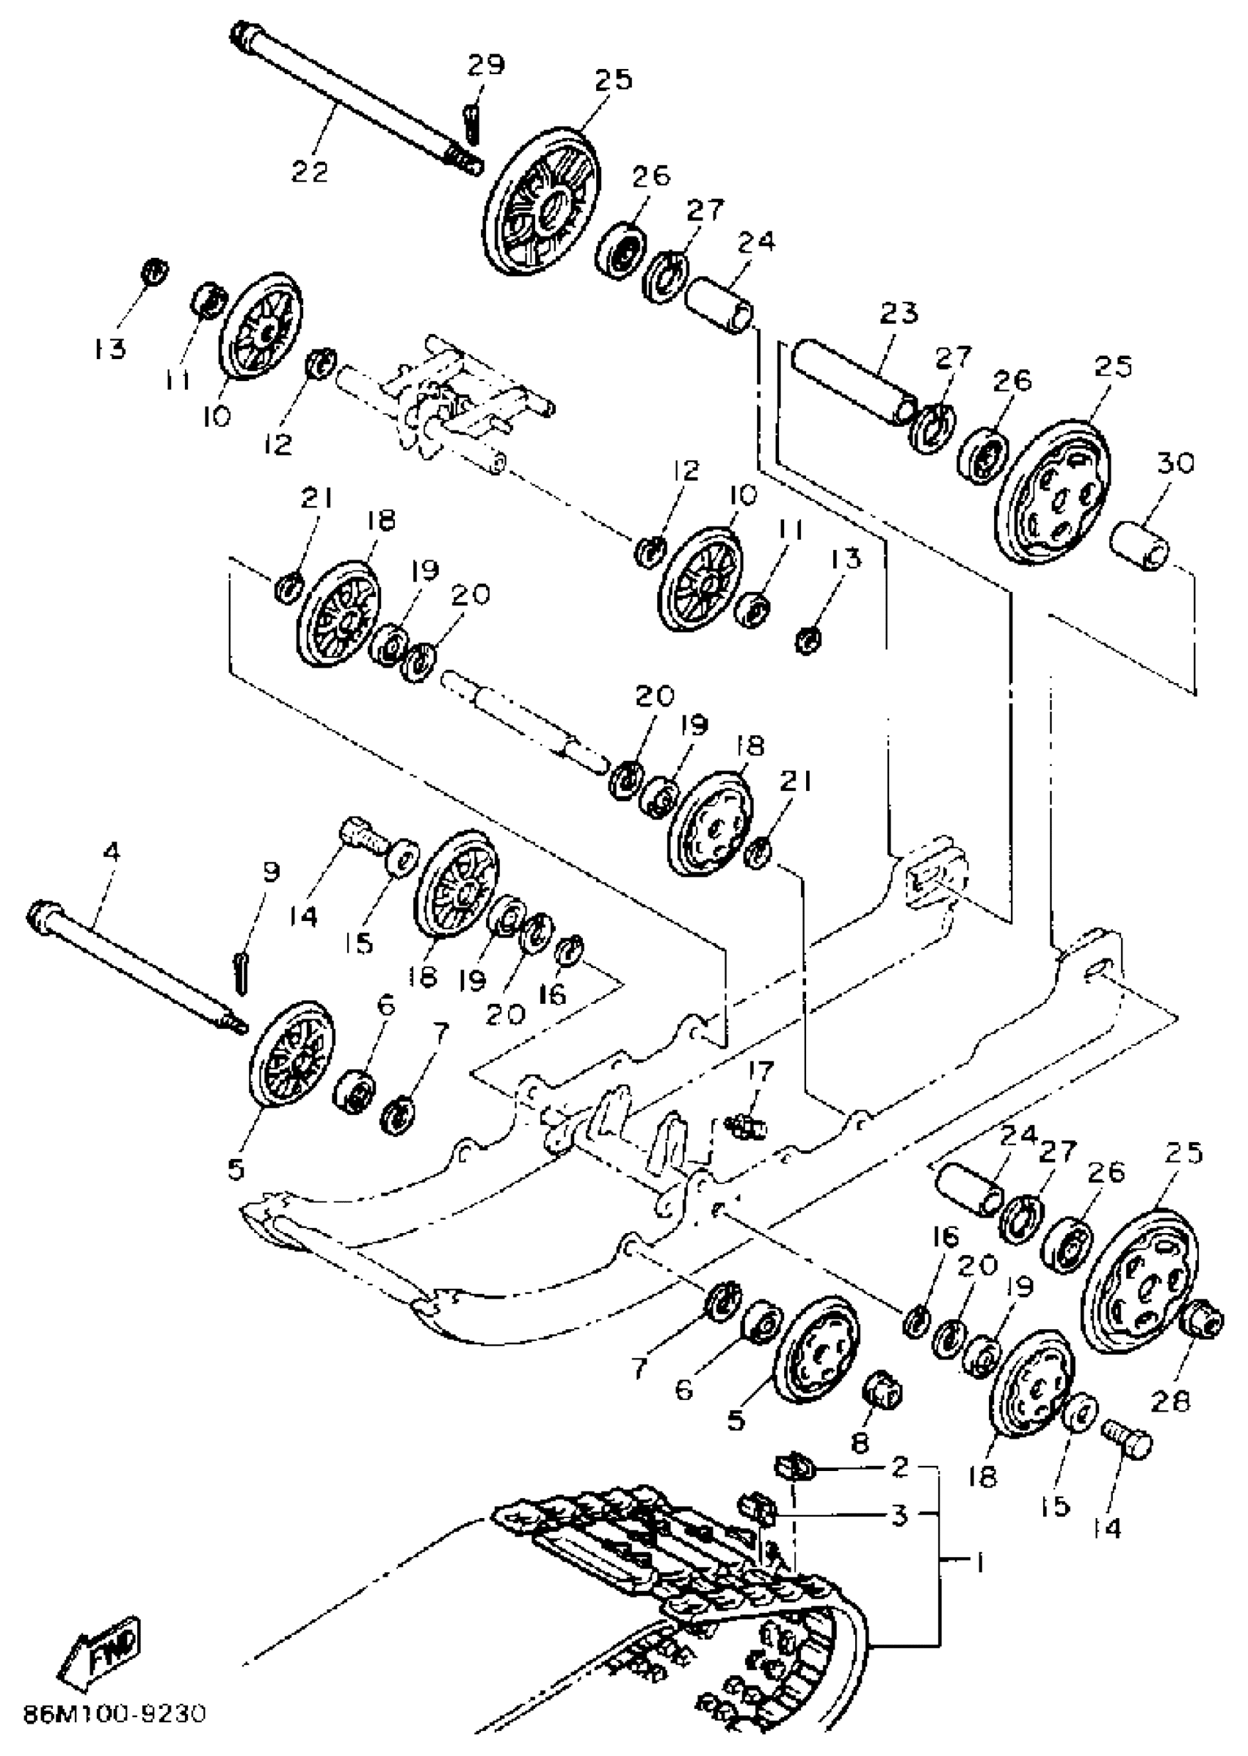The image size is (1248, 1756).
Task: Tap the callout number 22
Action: (310, 170)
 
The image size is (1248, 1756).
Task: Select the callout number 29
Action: (486, 65)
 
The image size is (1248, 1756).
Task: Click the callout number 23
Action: (899, 313)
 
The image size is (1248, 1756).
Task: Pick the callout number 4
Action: (112, 851)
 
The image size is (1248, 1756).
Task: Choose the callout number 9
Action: (270, 872)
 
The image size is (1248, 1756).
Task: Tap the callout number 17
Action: (760, 1070)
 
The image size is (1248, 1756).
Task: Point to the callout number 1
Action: (979, 1563)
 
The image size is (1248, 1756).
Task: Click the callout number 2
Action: (900, 1466)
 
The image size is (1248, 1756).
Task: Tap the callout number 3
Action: (900, 1515)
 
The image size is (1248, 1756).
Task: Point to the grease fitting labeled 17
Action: (745, 1127)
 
